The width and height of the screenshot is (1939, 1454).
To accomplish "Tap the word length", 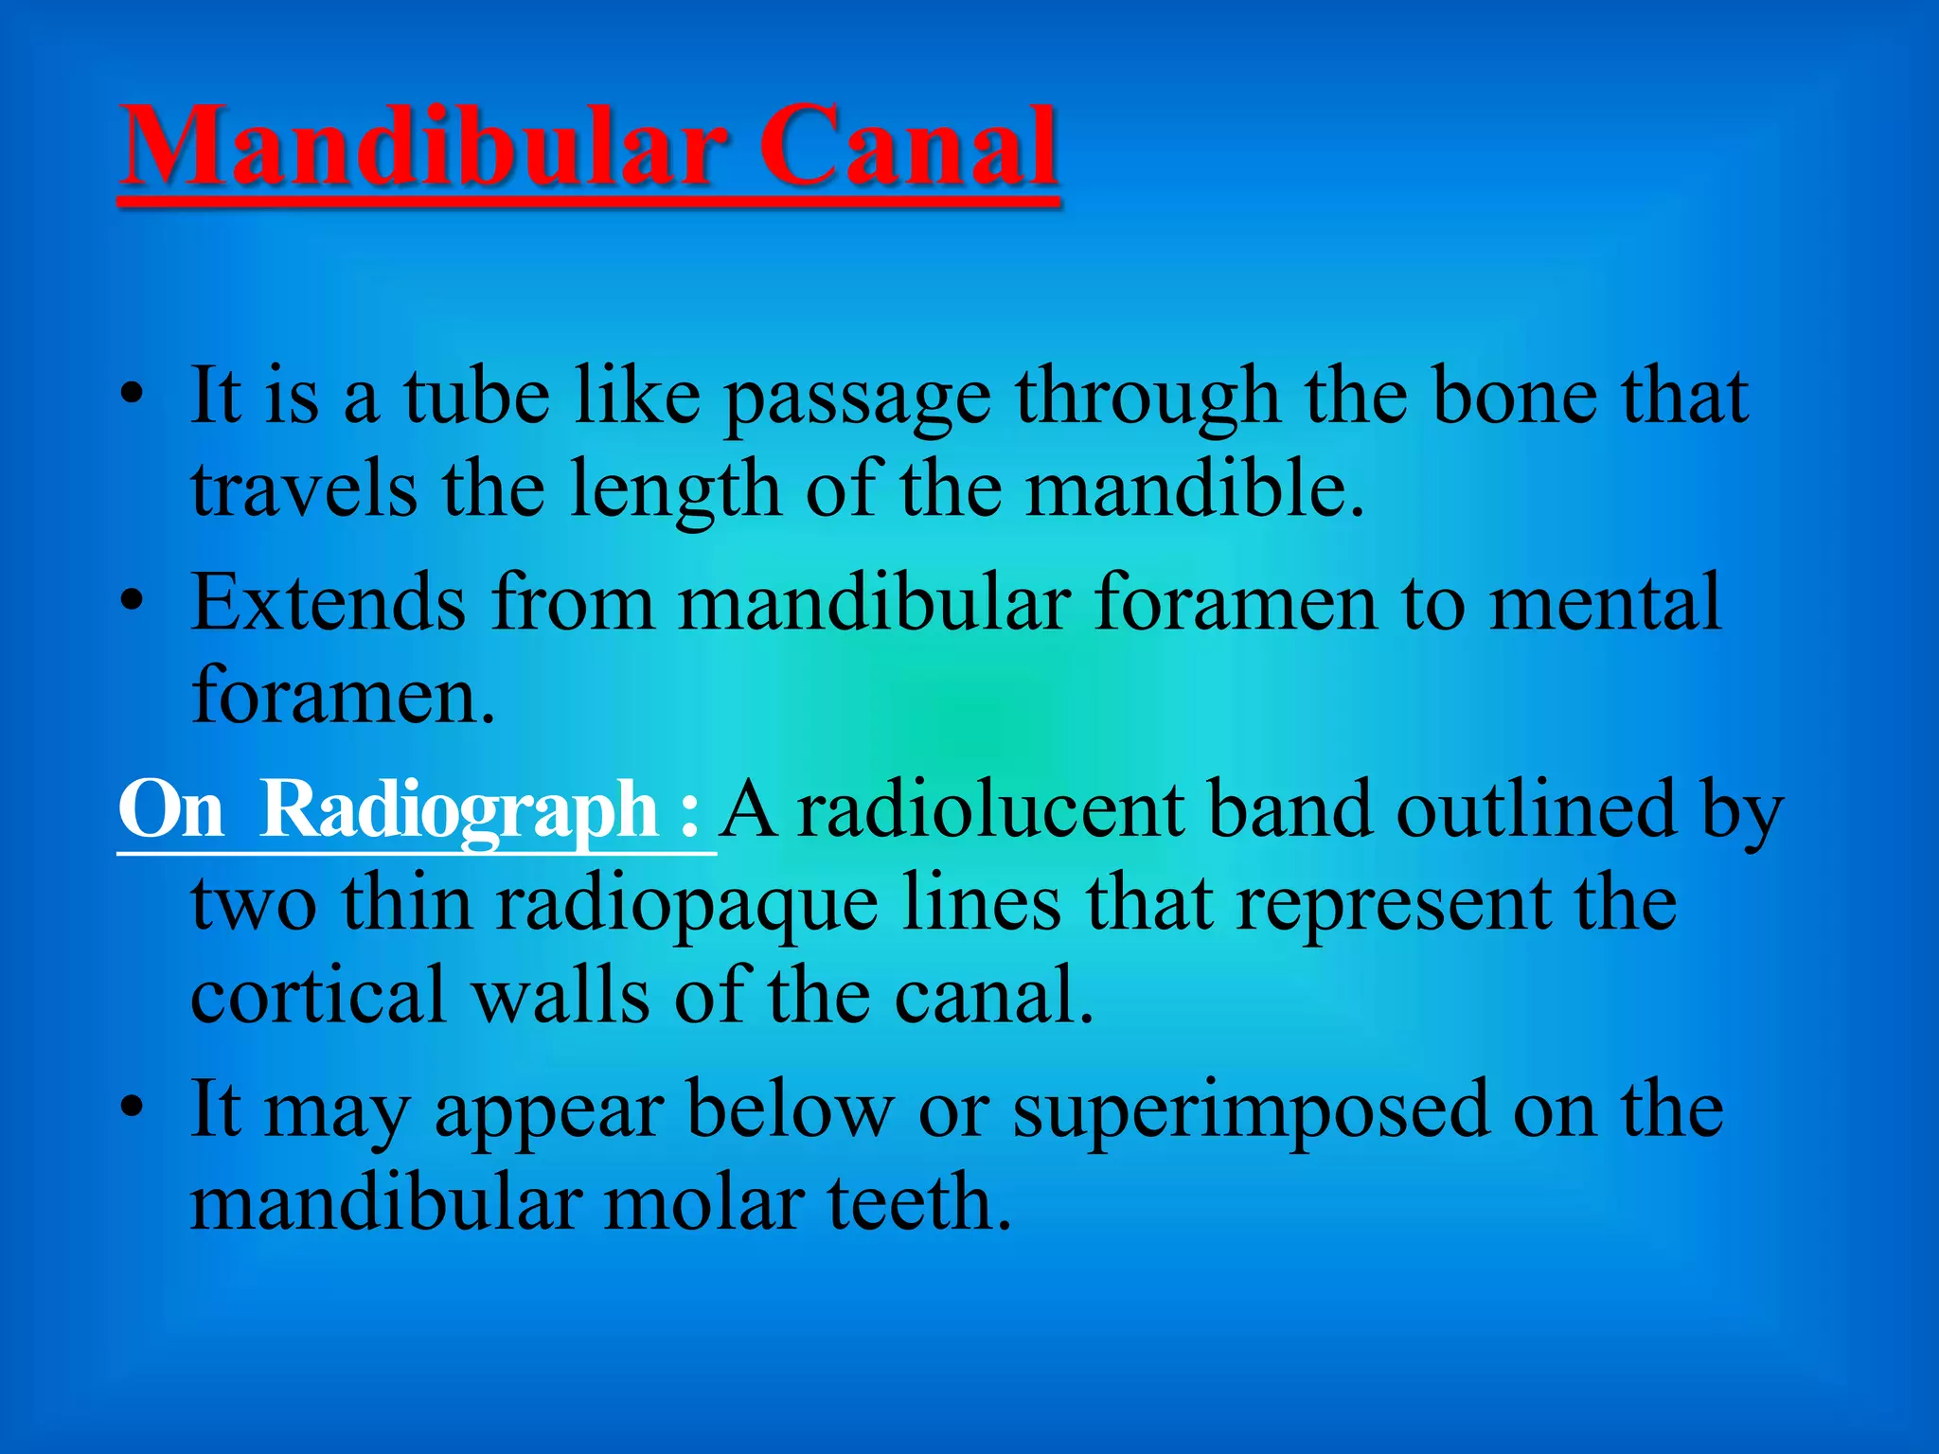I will tap(675, 492).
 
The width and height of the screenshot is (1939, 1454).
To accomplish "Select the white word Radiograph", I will tap(459, 811).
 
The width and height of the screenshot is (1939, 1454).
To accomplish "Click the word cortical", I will tap(318, 996).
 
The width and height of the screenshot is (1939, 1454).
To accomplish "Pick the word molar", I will tap(704, 1203).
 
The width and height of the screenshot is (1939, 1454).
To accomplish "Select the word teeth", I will tap(919, 1203).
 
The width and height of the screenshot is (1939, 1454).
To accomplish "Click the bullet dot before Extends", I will tap(133, 600).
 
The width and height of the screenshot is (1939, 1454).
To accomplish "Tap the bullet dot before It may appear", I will tap(133, 1107).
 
